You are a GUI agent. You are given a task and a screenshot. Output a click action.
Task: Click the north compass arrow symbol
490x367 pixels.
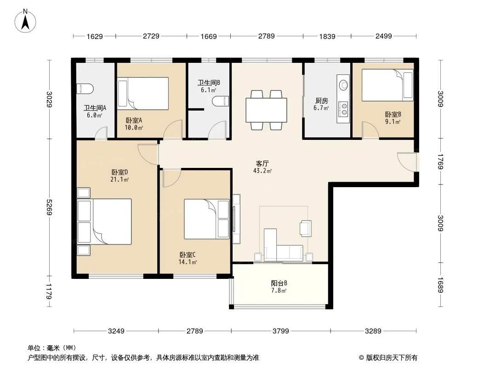click(x=25, y=22)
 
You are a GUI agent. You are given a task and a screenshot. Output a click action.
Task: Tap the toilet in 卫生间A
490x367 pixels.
click(x=85, y=89)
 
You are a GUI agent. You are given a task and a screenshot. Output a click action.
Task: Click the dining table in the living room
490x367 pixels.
click(x=266, y=110)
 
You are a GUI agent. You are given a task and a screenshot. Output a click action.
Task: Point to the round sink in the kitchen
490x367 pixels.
click(x=344, y=85)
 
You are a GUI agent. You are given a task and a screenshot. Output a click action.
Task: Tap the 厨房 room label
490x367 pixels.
click(x=322, y=101)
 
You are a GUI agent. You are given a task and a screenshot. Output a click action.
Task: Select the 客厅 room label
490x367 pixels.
click(x=262, y=163)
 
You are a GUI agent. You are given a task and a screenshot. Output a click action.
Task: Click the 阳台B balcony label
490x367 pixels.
click(x=279, y=283)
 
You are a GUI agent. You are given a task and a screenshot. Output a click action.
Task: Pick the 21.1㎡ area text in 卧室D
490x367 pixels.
click(x=120, y=179)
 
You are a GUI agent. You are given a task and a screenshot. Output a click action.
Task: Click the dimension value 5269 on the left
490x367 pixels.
click(x=49, y=207)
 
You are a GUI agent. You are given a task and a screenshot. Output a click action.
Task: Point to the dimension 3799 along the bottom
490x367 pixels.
click(x=281, y=331)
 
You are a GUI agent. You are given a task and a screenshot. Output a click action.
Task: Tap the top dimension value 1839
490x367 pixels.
click(x=327, y=36)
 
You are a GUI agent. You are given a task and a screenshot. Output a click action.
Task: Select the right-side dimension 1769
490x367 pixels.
click(x=440, y=161)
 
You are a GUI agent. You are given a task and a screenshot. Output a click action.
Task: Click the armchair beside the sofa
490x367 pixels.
click(x=305, y=228)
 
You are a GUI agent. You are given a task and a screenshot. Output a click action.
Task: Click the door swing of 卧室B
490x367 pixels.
click(x=370, y=130)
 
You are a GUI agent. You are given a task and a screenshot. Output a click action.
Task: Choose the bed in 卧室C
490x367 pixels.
click(x=207, y=219)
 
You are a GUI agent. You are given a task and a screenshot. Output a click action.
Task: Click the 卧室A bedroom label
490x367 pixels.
click(x=134, y=120)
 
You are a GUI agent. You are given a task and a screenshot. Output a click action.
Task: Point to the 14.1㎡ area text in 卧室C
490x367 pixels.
click(x=188, y=262)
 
